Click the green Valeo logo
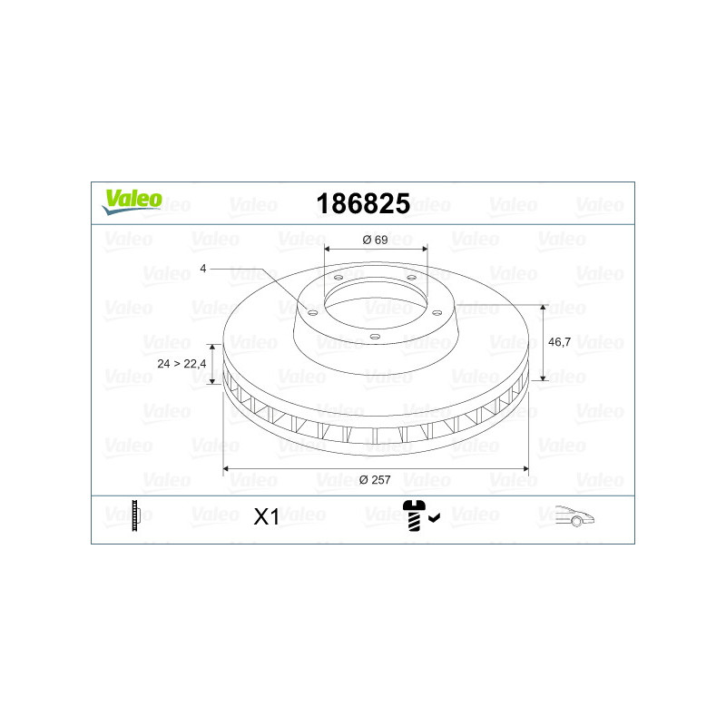pos(132,201)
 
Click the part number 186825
pos(363,203)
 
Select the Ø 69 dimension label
pos(375,240)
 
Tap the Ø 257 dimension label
pos(375,480)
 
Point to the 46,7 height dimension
pos(559,342)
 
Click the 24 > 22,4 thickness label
pos(181,364)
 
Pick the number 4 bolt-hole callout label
pos(202,269)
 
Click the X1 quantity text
pos(266,516)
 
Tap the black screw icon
pos(414,515)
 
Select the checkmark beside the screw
pos(435,517)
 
